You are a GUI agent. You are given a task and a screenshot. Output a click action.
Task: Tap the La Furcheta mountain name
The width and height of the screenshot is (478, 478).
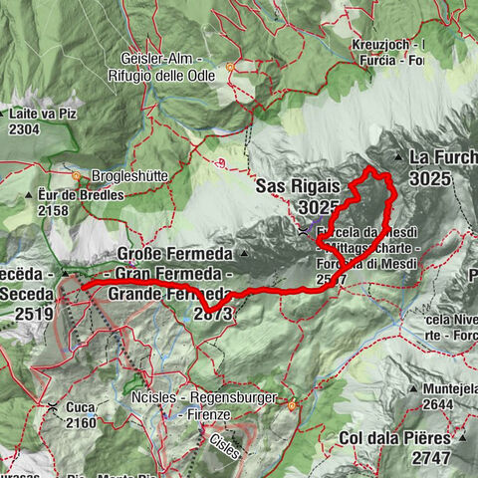[x=444, y=157]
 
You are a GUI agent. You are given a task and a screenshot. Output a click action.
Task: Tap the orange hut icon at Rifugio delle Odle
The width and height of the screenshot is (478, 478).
[x=230, y=71]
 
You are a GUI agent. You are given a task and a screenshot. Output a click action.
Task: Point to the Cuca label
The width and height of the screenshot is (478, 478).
[x=81, y=408]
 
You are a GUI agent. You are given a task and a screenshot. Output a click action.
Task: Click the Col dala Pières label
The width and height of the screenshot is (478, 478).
[x=409, y=437]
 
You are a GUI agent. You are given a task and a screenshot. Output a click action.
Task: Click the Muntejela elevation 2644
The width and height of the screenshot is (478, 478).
[x=438, y=404]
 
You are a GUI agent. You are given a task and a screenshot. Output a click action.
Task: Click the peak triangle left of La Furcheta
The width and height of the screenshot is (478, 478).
[x=398, y=157]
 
